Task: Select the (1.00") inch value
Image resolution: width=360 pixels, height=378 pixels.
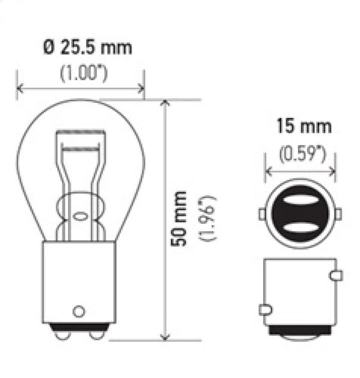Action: coord(84,73)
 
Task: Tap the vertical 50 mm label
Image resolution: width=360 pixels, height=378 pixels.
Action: coord(178,218)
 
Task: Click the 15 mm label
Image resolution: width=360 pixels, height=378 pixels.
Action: coord(304,126)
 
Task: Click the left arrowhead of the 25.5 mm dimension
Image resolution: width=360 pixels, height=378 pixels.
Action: coord(19,89)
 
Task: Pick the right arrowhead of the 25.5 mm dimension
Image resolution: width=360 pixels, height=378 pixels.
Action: coord(141,89)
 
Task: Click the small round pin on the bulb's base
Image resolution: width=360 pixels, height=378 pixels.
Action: coord(78,310)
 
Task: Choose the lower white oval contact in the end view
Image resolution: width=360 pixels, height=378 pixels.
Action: coord(300,228)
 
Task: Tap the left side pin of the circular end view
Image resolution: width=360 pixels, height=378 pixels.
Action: coord(262,214)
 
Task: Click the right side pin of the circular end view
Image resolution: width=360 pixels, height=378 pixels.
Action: coord(338,214)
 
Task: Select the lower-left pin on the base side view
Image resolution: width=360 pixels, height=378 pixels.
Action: coord(265,309)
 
